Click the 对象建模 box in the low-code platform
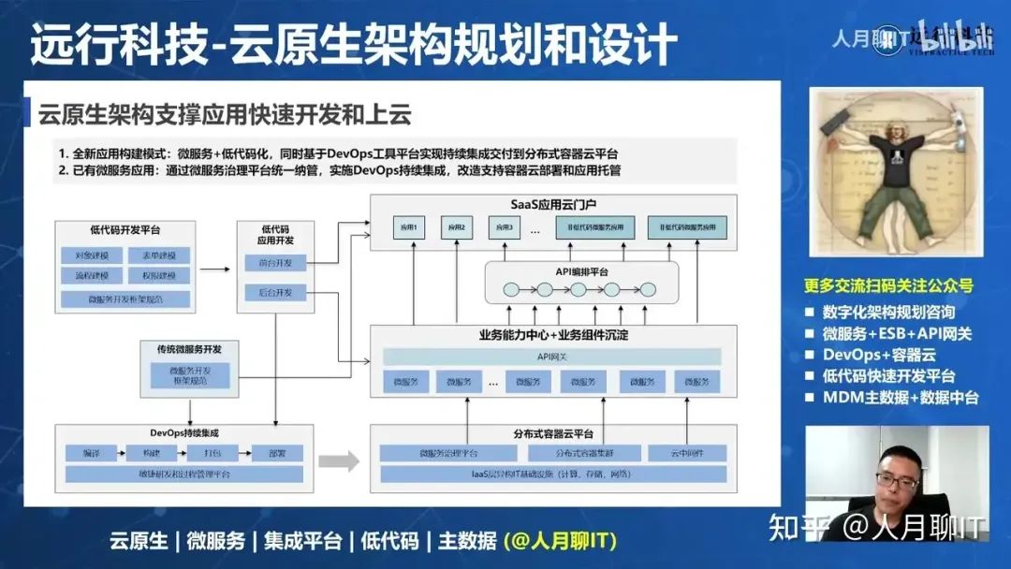(x=92, y=255)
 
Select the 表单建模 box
(x=159, y=255)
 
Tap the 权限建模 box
(x=159, y=277)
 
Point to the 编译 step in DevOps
(x=91, y=453)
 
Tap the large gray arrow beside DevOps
(x=339, y=460)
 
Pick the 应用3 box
(x=505, y=227)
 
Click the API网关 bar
(x=552, y=357)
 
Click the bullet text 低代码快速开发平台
(x=888, y=376)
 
